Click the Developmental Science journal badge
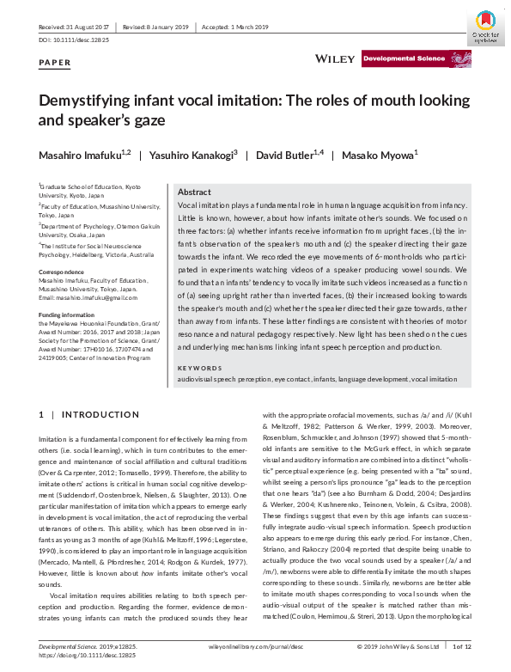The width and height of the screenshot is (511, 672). (x=404, y=59)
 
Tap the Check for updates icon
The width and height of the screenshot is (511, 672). (x=485, y=26)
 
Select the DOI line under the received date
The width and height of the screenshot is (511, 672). (x=73, y=40)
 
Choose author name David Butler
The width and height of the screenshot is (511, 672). (x=294, y=156)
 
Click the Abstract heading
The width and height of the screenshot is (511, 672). (x=195, y=193)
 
